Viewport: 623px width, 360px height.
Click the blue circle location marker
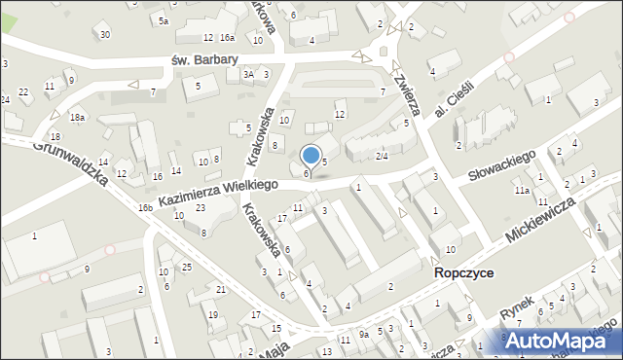[x=311, y=155]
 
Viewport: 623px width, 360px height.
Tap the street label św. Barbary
[x=204, y=59]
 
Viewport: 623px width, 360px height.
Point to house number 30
[x=104, y=34]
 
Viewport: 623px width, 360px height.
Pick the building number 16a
[x=227, y=37]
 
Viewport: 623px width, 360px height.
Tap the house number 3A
[x=249, y=74]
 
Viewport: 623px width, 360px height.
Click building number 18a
[x=77, y=118]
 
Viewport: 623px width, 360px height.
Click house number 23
[x=200, y=207]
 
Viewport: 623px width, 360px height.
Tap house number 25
[x=186, y=267]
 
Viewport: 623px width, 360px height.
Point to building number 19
[x=212, y=314]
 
